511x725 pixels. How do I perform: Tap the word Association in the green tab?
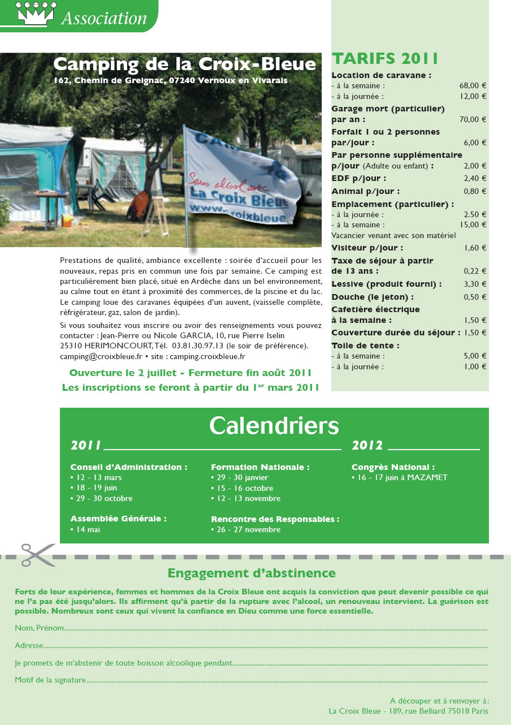(x=104, y=18)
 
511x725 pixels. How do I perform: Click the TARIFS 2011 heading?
(x=385, y=59)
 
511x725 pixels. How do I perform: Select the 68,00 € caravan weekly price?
(x=473, y=86)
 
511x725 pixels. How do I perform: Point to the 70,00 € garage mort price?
(x=473, y=119)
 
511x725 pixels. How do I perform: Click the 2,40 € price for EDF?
(x=475, y=179)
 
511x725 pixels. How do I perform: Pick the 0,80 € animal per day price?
(x=475, y=191)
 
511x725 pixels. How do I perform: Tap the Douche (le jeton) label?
(x=373, y=297)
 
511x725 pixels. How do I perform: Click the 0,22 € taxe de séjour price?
(x=475, y=271)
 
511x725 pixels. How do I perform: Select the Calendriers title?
(x=274, y=425)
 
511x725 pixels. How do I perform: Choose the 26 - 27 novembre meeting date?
(x=248, y=529)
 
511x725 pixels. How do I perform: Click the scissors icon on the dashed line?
(x=38, y=555)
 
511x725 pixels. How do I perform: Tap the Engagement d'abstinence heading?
(x=252, y=573)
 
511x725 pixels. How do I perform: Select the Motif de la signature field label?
(x=50, y=680)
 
